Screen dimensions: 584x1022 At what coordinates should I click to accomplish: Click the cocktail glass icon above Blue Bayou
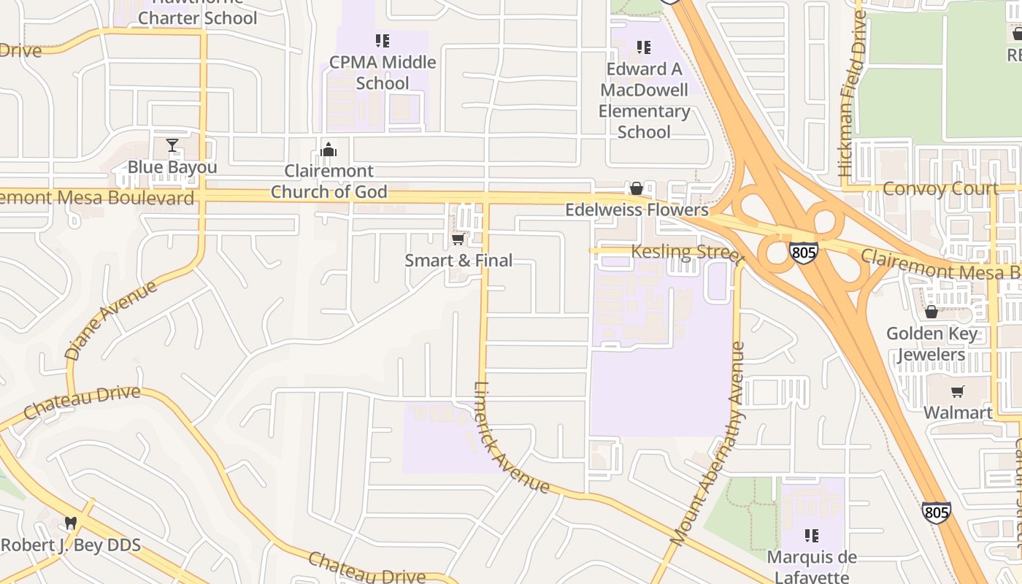[x=172, y=145]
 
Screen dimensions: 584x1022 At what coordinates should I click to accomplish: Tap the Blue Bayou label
[x=172, y=167]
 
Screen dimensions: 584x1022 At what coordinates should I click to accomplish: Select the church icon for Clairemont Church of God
[x=328, y=150]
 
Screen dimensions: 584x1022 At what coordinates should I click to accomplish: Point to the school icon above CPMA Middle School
[x=383, y=41]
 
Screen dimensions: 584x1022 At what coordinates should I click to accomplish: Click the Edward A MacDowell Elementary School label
[x=644, y=100]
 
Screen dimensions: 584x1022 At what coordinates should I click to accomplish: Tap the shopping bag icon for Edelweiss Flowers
[x=637, y=188]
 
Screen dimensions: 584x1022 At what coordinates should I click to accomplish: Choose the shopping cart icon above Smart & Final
[x=458, y=239]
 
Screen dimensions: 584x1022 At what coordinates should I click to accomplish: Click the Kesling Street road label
[x=687, y=253]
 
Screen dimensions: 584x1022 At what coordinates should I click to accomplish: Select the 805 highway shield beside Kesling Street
[x=803, y=253]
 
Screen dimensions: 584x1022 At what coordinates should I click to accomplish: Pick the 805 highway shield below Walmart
[x=936, y=512]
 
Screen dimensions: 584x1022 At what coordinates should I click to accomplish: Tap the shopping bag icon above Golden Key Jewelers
[x=931, y=312]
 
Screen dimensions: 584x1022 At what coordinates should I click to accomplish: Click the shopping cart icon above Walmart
[x=958, y=391]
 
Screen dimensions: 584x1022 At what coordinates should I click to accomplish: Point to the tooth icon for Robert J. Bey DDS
[x=71, y=523]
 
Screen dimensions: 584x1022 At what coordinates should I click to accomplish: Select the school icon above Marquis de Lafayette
[x=811, y=536]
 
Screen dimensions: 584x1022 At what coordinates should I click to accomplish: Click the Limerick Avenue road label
[x=511, y=437]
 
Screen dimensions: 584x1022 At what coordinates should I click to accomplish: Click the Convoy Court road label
[x=940, y=188]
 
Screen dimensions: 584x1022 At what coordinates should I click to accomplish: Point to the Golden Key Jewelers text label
[x=931, y=345]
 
